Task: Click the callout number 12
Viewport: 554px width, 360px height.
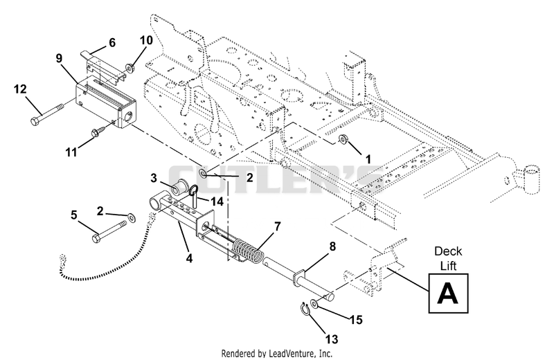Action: coord(20,89)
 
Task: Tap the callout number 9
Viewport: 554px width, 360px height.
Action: coord(59,58)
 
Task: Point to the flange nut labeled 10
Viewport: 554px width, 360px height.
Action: coord(129,67)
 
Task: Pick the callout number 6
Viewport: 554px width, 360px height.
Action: coord(112,43)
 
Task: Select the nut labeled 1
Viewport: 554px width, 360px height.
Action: coord(342,139)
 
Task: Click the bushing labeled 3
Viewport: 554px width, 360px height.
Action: coord(180,186)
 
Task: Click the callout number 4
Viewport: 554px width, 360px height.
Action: coord(189,258)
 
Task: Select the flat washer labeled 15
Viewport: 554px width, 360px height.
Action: coord(314,303)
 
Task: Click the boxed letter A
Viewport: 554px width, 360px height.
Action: coord(448,294)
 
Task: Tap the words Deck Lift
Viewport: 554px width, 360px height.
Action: coord(448,259)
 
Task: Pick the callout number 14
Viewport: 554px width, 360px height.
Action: coord(217,201)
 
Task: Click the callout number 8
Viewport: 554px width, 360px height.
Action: coord(332,246)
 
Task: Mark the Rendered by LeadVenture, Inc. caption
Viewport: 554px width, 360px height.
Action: coord(276,353)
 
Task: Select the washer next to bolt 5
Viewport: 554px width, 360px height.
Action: coord(131,217)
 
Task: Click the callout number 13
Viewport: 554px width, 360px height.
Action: coord(332,339)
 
